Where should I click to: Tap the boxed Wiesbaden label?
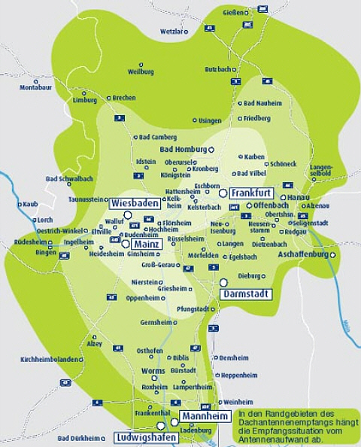[133, 203]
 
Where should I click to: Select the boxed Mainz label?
[147, 245]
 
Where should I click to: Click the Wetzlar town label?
[171, 32]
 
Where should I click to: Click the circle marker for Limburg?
[83, 93]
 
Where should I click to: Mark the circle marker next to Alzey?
[93, 336]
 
